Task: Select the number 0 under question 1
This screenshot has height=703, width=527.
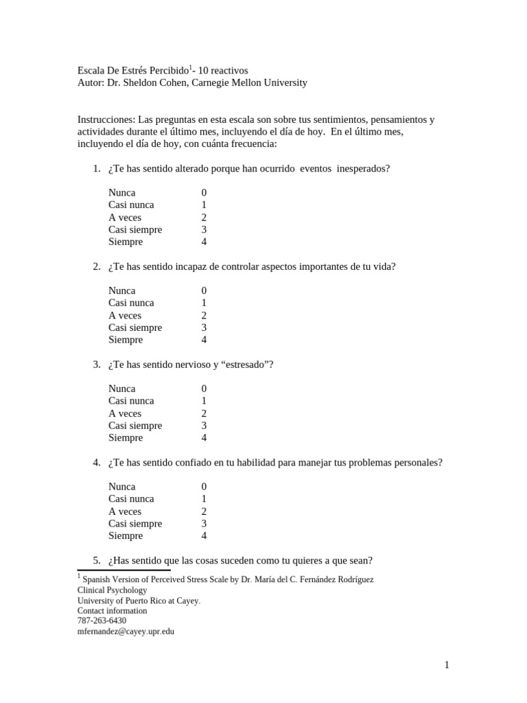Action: pyautogui.click(x=204, y=193)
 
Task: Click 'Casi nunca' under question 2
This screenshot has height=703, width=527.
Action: pyautogui.click(x=131, y=303)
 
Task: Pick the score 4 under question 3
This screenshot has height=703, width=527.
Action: pyautogui.click(x=204, y=438)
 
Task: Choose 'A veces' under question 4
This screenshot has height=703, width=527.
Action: pyautogui.click(x=125, y=511)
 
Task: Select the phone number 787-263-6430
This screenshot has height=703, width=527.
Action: pyautogui.click(x=102, y=621)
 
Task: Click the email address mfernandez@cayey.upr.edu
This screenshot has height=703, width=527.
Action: pyautogui.click(x=126, y=632)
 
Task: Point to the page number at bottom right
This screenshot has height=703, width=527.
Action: pyautogui.click(x=447, y=665)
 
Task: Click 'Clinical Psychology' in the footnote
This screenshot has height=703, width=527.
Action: pyautogui.click(x=112, y=590)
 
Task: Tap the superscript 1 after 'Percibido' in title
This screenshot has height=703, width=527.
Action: pyautogui.click(x=190, y=67)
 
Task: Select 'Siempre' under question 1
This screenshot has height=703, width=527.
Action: pyautogui.click(x=126, y=242)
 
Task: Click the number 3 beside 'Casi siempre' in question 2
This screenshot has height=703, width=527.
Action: pyautogui.click(x=204, y=327)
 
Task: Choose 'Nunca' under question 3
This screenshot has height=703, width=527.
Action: pyautogui.click(x=121, y=389)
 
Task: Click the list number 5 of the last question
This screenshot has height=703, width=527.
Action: pyautogui.click(x=96, y=560)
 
